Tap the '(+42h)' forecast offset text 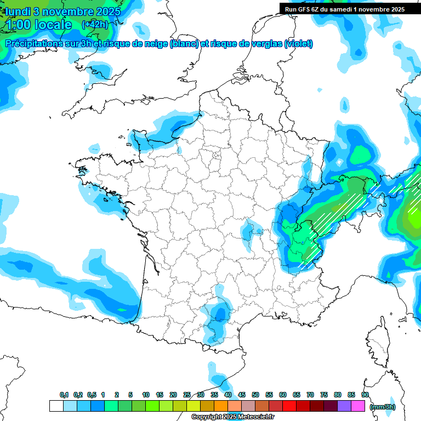tap(94, 24)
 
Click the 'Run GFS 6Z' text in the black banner tap(305, 9)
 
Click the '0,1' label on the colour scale tap(64, 395)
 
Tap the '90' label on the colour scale tap(365, 395)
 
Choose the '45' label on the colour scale tap(242, 395)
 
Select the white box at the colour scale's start tap(56, 406)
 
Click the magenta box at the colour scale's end tap(359, 406)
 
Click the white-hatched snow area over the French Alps tap(310, 241)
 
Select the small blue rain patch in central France tap(253, 229)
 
